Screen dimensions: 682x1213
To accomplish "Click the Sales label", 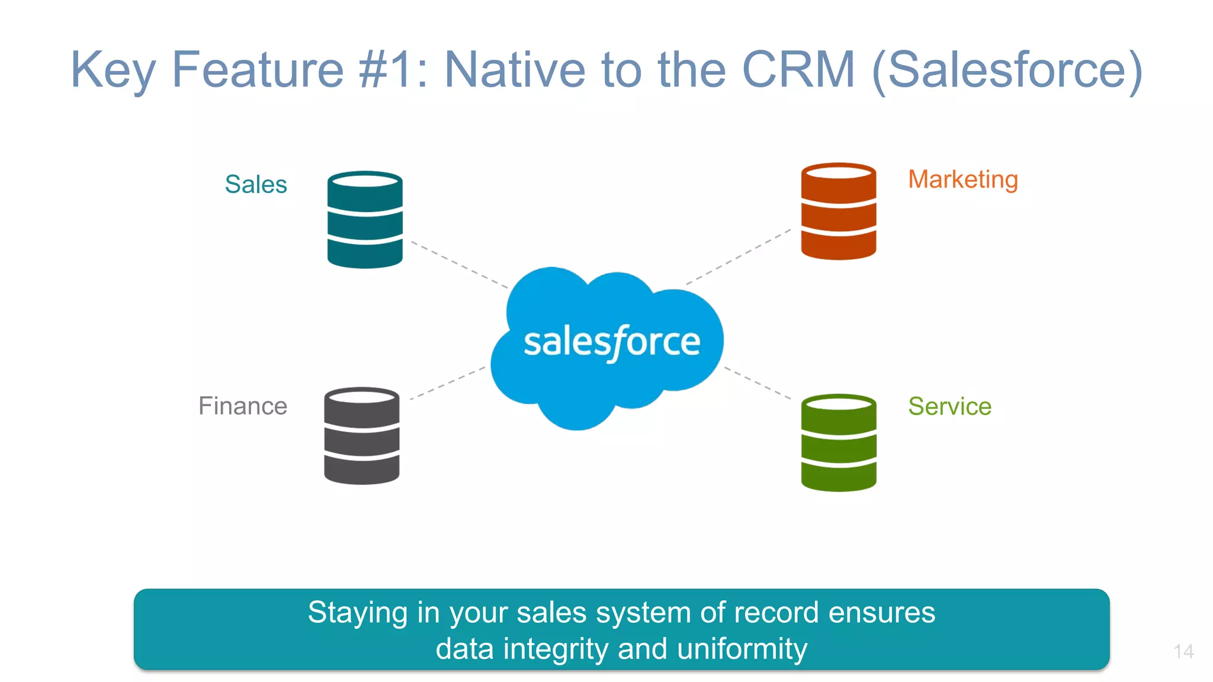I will [256, 185].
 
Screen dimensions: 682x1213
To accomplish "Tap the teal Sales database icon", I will [365, 220].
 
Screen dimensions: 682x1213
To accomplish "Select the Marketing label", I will [963, 180].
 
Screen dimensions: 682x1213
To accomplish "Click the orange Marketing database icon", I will [838, 211].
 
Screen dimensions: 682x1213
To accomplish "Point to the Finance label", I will [243, 406].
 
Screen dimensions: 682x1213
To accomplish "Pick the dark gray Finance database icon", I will [362, 436].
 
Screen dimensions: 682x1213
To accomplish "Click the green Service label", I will [949, 406].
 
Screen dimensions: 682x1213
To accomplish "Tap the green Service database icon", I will [838, 443].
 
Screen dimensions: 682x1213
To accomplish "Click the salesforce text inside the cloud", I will [612, 342].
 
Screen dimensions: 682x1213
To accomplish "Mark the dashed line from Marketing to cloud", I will [739, 257].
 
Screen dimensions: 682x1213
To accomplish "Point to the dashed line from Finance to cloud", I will [448, 383].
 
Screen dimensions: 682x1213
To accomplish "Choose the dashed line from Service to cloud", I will [758, 383].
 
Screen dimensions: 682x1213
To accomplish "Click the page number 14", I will [1183, 652].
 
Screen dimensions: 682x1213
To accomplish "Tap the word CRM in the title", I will [798, 70].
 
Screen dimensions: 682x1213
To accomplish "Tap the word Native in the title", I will [515, 70].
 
